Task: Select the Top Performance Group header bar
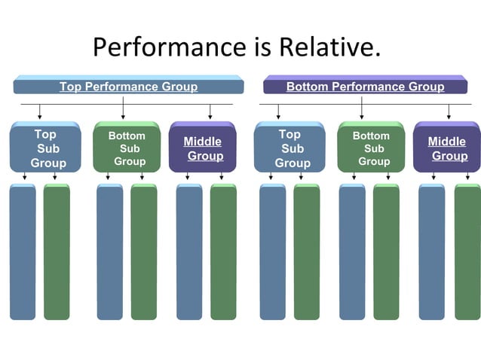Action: point(128,86)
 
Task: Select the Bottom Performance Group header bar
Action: point(365,86)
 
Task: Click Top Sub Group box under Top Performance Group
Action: point(45,148)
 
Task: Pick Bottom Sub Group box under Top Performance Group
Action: point(127,148)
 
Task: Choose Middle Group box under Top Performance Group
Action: point(203,148)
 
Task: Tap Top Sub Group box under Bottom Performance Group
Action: point(290,148)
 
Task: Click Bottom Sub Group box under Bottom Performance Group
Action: point(371,148)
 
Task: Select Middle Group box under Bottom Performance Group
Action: point(447,148)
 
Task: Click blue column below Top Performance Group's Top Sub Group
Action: point(23,252)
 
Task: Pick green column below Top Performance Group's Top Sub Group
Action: point(57,252)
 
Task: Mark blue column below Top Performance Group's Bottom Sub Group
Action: point(110,252)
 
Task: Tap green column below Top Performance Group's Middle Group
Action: point(223,252)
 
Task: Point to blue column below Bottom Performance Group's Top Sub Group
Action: point(273,252)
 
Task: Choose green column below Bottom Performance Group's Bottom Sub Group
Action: point(386,252)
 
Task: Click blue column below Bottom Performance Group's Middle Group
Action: point(432,252)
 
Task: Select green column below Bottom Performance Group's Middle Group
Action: point(467,252)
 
